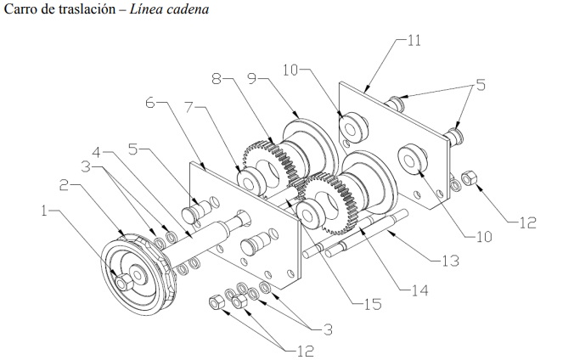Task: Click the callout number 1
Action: click(44, 211)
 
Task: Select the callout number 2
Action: click(65, 185)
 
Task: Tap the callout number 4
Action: click(96, 152)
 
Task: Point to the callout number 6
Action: click(150, 103)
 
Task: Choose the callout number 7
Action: click(189, 107)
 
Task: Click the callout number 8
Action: click(217, 78)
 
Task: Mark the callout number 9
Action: click(252, 78)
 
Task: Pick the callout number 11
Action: click(414, 40)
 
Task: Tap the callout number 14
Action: click(419, 290)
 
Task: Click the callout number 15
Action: click(373, 304)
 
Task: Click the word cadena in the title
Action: click(188, 8)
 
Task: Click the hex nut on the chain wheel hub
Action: click(124, 282)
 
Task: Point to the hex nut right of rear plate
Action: click(469, 178)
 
